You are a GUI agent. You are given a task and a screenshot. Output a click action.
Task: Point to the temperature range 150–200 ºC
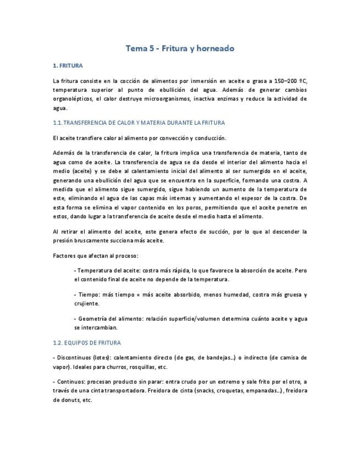tap(291, 81)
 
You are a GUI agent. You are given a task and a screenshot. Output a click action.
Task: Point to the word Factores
tap(65, 256)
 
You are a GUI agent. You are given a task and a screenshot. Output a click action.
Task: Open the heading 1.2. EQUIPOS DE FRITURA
tap(83, 342)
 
